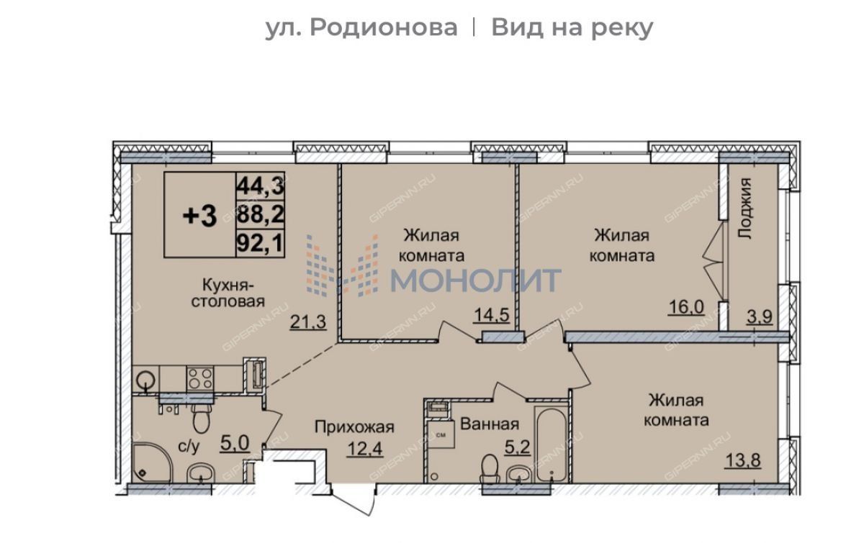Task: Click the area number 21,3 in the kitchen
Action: coord(308,321)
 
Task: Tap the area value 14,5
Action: coord(491,315)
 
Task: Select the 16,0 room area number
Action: coord(686,308)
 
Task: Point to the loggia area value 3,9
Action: coord(759,316)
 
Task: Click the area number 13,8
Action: coord(743,460)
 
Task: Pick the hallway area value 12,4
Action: coord(365,449)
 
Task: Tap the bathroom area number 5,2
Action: coord(518,447)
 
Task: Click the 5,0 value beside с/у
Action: coord(235,443)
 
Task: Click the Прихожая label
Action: coord(354,427)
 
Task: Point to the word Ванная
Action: coord(490,424)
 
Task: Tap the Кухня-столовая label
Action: coord(228,293)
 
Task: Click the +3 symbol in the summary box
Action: coord(200,216)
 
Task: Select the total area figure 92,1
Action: coord(261,243)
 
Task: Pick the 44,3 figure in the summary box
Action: coord(261,186)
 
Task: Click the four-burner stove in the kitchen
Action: coord(200,379)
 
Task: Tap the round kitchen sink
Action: coord(145,380)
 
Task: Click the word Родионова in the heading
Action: coord(384,28)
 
